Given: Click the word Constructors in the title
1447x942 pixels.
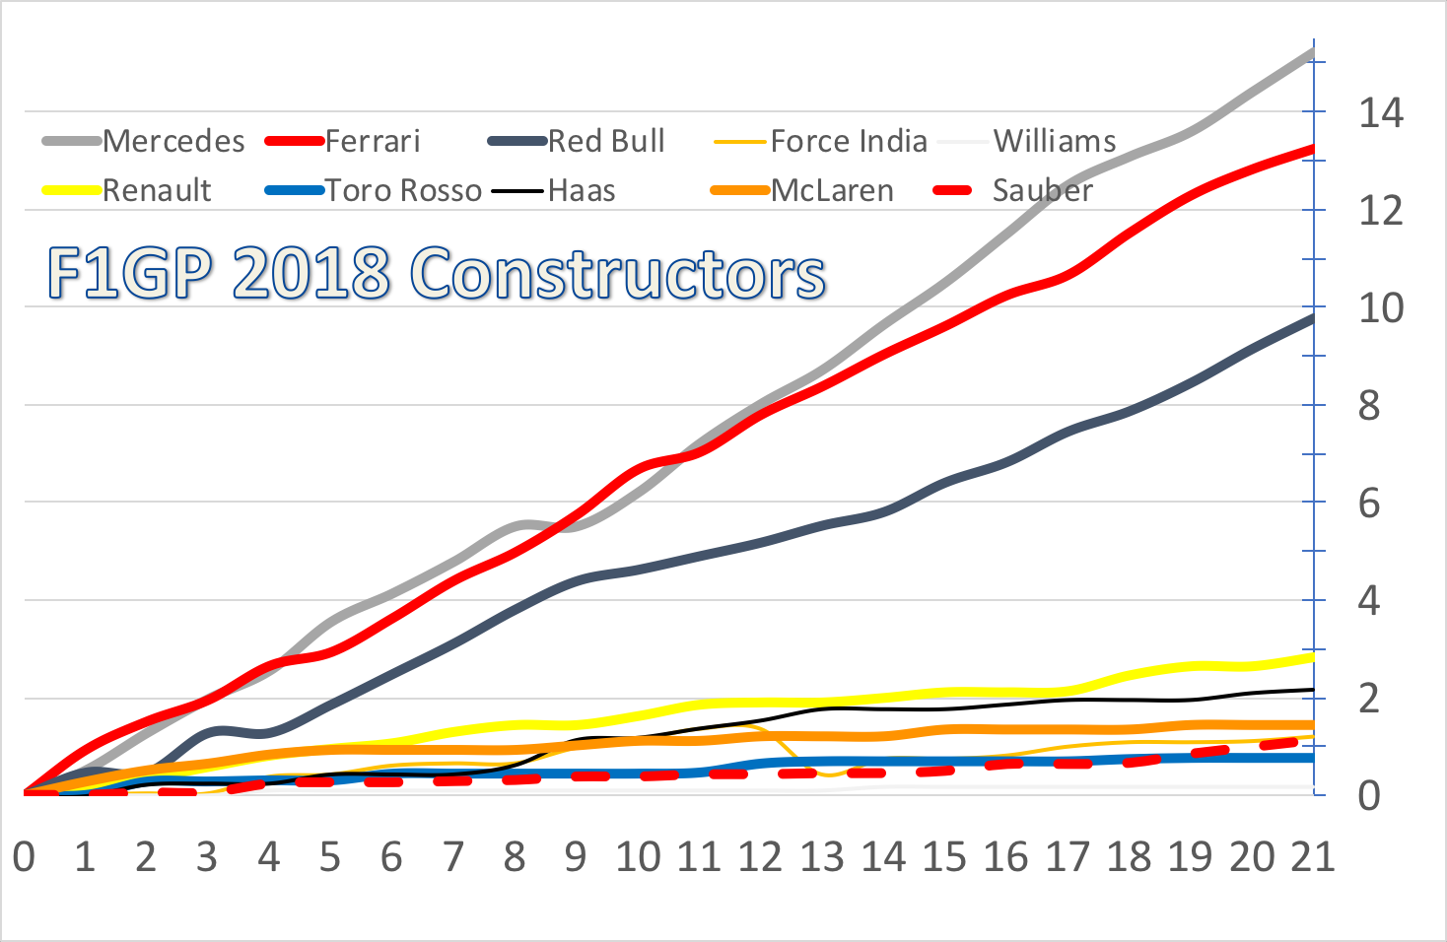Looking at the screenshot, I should click(617, 273).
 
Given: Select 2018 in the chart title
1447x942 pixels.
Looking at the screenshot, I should click(311, 273).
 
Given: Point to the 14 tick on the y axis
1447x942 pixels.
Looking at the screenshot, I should click(1380, 113).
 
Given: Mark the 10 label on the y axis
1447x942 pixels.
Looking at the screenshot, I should click(1380, 308).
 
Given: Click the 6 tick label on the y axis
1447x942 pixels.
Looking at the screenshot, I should click(1369, 504).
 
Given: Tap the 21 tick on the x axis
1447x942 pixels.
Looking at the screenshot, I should click(1313, 857).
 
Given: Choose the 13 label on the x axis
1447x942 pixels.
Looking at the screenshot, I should click(822, 857).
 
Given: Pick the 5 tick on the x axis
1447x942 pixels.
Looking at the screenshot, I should click(330, 857).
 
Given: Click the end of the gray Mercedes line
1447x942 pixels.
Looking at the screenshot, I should click(1312, 51).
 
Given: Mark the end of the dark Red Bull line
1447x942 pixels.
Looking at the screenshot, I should click(1312, 317).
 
